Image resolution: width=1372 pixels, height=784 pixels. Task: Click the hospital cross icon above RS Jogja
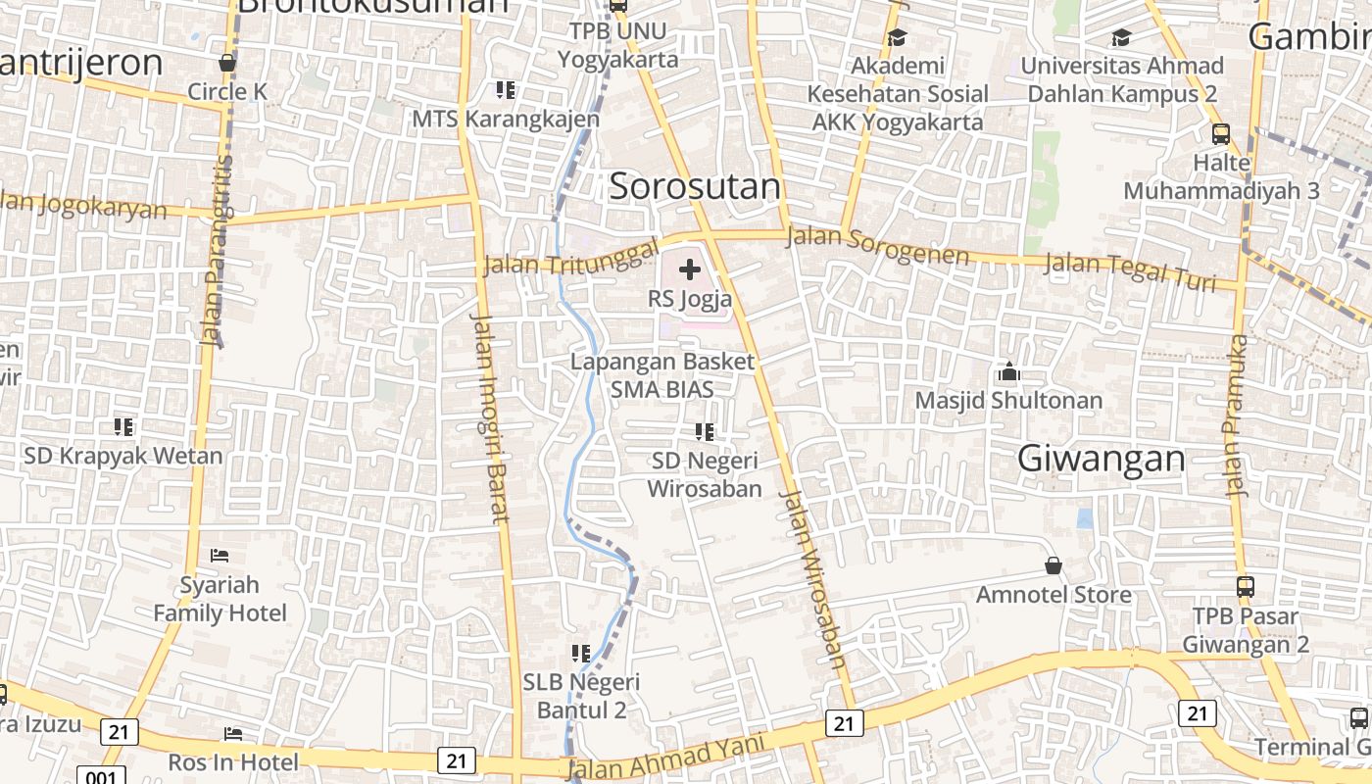690,269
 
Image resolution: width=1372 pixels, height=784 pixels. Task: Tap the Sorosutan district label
695,186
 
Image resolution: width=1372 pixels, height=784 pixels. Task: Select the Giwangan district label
1101,459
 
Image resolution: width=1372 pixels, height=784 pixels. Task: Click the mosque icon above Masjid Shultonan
1008,372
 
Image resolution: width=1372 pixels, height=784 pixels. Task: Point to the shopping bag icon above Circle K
227,63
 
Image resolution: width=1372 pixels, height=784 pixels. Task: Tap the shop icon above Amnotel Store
1053,565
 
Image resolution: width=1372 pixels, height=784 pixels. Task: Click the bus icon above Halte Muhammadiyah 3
1221,134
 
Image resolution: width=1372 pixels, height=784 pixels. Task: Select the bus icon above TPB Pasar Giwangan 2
1245,587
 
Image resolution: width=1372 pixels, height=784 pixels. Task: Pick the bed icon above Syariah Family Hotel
220,556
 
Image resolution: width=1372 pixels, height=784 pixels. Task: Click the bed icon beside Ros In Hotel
233,734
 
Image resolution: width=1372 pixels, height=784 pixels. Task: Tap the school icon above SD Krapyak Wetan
122,427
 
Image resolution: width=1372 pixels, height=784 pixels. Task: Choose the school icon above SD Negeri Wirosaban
704,431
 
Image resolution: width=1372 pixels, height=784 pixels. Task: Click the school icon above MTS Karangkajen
505,90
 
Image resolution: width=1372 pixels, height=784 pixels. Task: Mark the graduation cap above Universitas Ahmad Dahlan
1121,38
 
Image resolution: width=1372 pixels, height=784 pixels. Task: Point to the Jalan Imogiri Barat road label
489,418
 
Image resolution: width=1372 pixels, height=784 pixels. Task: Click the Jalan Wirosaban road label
812,578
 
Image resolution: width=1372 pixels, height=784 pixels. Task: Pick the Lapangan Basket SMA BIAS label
662,374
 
